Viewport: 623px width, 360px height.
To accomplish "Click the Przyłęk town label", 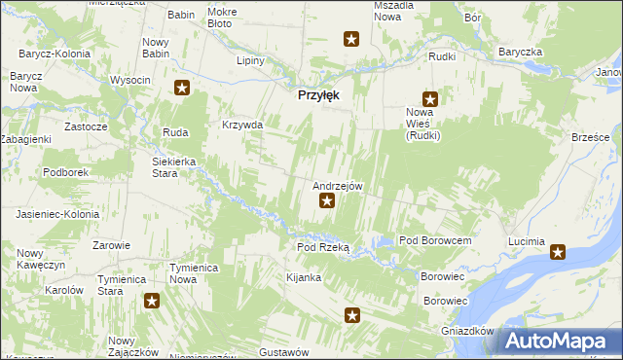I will point(317,96).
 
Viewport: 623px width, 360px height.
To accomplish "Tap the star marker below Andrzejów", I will point(328,201).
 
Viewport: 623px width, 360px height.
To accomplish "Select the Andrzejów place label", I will point(337,185).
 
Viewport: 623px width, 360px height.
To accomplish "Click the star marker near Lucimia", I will point(558,253).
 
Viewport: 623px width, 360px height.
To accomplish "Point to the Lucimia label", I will point(527,240).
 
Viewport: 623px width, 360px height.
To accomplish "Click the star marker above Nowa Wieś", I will point(429,98).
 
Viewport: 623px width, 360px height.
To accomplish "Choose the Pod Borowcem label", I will point(435,240).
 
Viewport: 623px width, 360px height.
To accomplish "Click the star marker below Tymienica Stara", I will point(152,302).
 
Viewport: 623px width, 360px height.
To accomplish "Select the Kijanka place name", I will point(304,278).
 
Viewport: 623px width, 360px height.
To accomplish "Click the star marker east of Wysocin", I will point(182,89).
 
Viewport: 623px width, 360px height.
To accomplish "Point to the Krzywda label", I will point(242,125).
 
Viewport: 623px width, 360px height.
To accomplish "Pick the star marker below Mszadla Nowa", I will point(351,40).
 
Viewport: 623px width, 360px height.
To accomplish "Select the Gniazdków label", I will point(467,331).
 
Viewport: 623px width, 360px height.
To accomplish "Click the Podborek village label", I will point(66,171).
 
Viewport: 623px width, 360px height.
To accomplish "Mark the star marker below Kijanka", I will point(353,315).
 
